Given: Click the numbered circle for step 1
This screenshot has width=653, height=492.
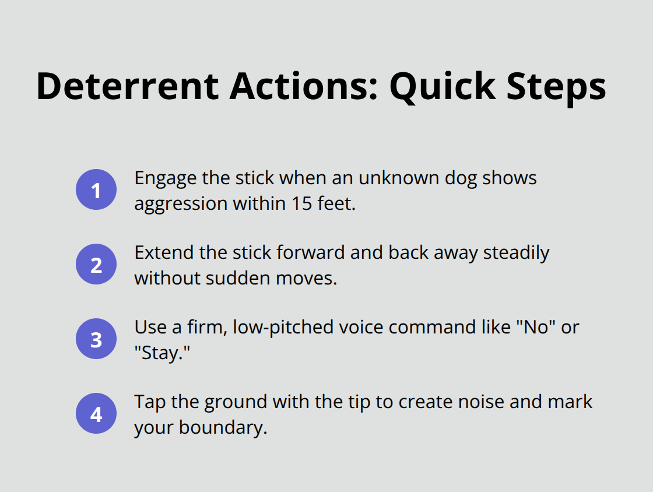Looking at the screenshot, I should coord(96,189).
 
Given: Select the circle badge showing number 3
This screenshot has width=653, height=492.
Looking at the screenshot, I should coord(96,339).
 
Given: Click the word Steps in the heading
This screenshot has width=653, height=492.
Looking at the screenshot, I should coord(557,86).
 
